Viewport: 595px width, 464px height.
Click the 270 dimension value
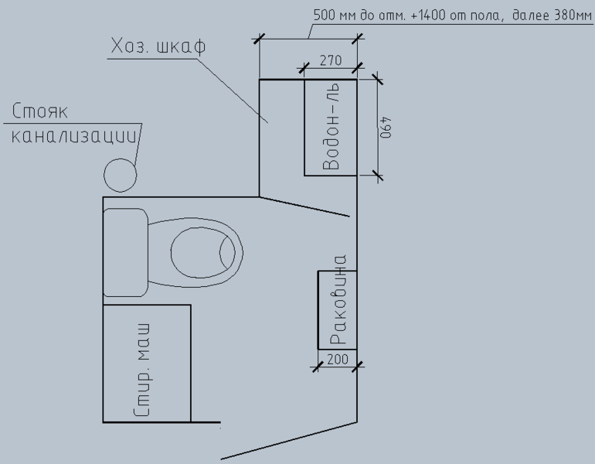point(331,60)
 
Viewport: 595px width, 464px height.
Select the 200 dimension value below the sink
point(338,359)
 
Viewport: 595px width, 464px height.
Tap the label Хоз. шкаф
point(158,46)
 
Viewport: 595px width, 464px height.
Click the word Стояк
point(40,111)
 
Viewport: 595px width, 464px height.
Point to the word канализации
point(73,136)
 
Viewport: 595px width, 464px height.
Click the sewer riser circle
point(121,175)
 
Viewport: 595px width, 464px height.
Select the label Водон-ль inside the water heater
point(331,127)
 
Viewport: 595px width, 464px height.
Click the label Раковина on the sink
point(338,299)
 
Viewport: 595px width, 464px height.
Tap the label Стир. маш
point(143,370)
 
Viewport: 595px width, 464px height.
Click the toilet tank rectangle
point(126,252)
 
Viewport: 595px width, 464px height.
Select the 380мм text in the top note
point(573,15)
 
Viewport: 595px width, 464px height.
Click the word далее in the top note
point(531,15)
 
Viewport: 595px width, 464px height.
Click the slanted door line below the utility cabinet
point(304,206)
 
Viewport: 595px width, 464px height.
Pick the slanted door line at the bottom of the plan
point(289,441)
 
